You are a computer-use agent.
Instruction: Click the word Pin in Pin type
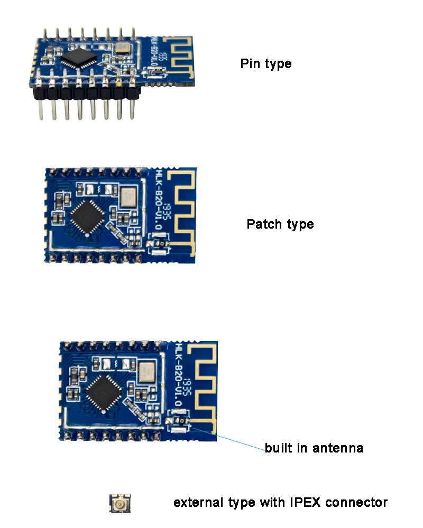click(250, 64)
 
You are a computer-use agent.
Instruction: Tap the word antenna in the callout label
click(338, 448)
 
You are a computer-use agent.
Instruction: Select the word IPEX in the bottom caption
click(305, 502)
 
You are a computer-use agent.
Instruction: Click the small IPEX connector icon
click(120, 503)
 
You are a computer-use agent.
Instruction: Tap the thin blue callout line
click(233, 438)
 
